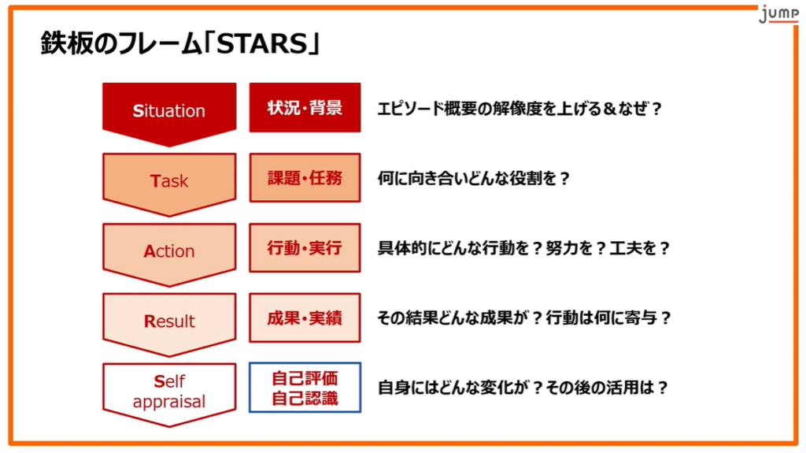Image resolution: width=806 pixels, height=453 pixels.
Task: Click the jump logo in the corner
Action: [x=778, y=14]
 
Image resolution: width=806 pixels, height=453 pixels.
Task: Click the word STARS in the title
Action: [x=262, y=44]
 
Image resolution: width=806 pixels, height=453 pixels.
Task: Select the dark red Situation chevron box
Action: [x=169, y=114]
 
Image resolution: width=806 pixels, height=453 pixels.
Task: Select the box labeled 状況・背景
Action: [x=305, y=108]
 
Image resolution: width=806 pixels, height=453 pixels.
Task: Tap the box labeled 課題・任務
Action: [x=305, y=177]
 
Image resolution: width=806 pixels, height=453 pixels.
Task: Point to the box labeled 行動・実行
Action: [x=305, y=247]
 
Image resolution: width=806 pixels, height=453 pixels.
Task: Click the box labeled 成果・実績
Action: [x=305, y=317]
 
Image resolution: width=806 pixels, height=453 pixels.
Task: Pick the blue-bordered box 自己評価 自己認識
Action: [x=305, y=388]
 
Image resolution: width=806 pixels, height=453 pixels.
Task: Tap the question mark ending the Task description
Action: [x=564, y=179]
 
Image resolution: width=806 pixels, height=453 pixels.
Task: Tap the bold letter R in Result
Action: [x=150, y=321]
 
